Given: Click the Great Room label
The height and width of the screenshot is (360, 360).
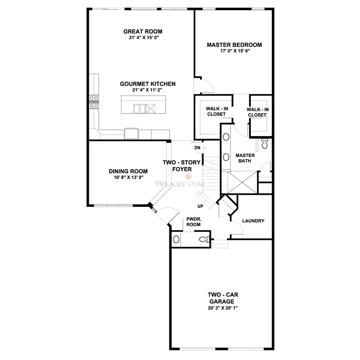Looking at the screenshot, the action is tap(143, 31).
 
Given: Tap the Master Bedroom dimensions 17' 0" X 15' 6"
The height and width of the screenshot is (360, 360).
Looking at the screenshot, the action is tap(235, 51).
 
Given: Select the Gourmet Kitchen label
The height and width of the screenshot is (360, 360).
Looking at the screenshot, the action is tap(148, 84).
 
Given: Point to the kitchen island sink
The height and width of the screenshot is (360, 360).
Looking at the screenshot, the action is tap(139, 108).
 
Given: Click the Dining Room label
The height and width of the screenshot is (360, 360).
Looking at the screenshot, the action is tap(128, 171).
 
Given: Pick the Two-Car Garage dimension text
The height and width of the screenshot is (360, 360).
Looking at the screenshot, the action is tap(223, 308).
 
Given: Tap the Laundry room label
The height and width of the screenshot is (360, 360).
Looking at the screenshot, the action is tap(253, 221).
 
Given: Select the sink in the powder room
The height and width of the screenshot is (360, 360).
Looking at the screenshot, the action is tap(176, 239).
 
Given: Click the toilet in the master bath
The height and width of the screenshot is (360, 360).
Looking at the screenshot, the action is tap(265, 144).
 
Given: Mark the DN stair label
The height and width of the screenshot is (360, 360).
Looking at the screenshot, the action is tap(197, 148).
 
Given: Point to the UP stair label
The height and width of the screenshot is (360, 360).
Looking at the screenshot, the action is tap(200, 206).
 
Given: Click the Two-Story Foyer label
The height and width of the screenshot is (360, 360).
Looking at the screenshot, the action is tap(182, 166).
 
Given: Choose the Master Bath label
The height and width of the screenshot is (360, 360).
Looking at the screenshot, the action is tap(245, 158).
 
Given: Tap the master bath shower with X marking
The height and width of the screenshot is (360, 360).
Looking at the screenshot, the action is tap(242, 183).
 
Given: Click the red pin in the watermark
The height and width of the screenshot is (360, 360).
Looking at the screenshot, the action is tap(188, 177).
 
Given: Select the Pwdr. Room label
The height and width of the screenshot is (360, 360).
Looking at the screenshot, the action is tap(193, 222).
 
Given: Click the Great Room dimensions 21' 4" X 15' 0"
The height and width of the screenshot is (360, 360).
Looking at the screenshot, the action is tap(144, 38).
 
